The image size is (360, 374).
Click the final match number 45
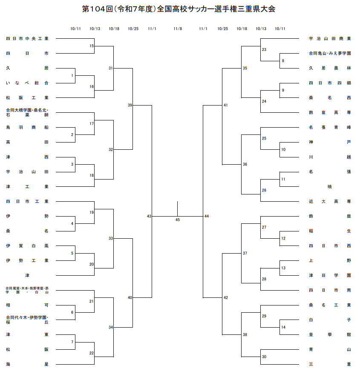(x=178, y=220)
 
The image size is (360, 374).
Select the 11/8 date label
(x=178, y=29)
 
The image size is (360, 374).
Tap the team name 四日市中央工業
(x=27, y=38)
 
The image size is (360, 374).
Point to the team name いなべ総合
(x=27, y=83)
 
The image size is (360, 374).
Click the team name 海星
(x=27, y=364)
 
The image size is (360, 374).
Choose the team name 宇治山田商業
(x=330, y=38)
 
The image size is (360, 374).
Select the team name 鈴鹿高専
(x=330, y=112)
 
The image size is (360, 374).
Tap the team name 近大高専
(x=330, y=201)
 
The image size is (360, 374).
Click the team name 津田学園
(x=330, y=275)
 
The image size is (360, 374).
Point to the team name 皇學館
(x=330, y=334)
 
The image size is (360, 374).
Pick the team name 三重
(x=330, y=364)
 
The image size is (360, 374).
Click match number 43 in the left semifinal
(x=149, y=216)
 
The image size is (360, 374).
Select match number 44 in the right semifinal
(x=207, y=216)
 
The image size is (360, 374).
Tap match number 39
(x=130, y=105)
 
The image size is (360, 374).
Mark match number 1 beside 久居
(x=72, y=75)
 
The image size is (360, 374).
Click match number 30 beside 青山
(x=264, y=357)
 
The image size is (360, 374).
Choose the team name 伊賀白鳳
(x=27, y=246)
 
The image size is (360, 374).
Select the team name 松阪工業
(x=27, y=97)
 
